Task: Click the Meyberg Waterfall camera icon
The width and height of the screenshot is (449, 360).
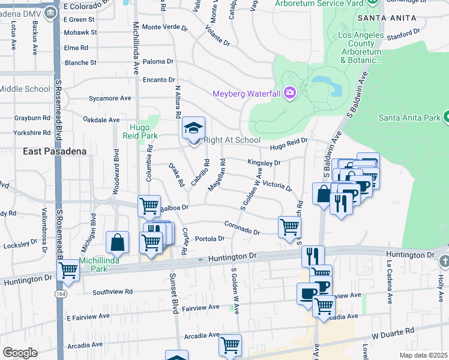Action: pyautogui.click(x=290, y=92)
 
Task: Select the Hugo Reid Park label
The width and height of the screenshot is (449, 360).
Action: pyautogui.click(x=144, y=131)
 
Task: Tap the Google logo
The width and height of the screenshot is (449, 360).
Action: pyautogui.click(x=20, y=353)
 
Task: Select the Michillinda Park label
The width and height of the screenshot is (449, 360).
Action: pyautogui.click(x=98, y=265)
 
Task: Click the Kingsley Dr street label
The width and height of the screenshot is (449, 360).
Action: pyautogui.click(x=264, y=163)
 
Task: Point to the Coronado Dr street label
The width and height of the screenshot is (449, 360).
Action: pyautogui.click(x=243, y=228)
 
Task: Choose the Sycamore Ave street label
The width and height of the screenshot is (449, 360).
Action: pyautogui.click(x=109, y=98)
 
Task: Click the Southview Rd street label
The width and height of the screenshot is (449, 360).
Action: pyautogui.click(x=112, y=292)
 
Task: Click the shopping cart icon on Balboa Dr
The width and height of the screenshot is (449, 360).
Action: pyautogui.click(x=149, y=206)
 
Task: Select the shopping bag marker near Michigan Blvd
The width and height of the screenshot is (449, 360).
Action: pyautogui.click(x=118, y=242)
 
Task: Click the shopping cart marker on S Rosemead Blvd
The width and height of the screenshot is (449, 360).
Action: pyautogui.click(x=68, y=270)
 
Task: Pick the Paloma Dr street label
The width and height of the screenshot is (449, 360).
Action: pyautogui.click(x=158, y=61)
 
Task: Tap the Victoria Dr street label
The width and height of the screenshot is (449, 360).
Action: pyautogui.click(x=277, y=185)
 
